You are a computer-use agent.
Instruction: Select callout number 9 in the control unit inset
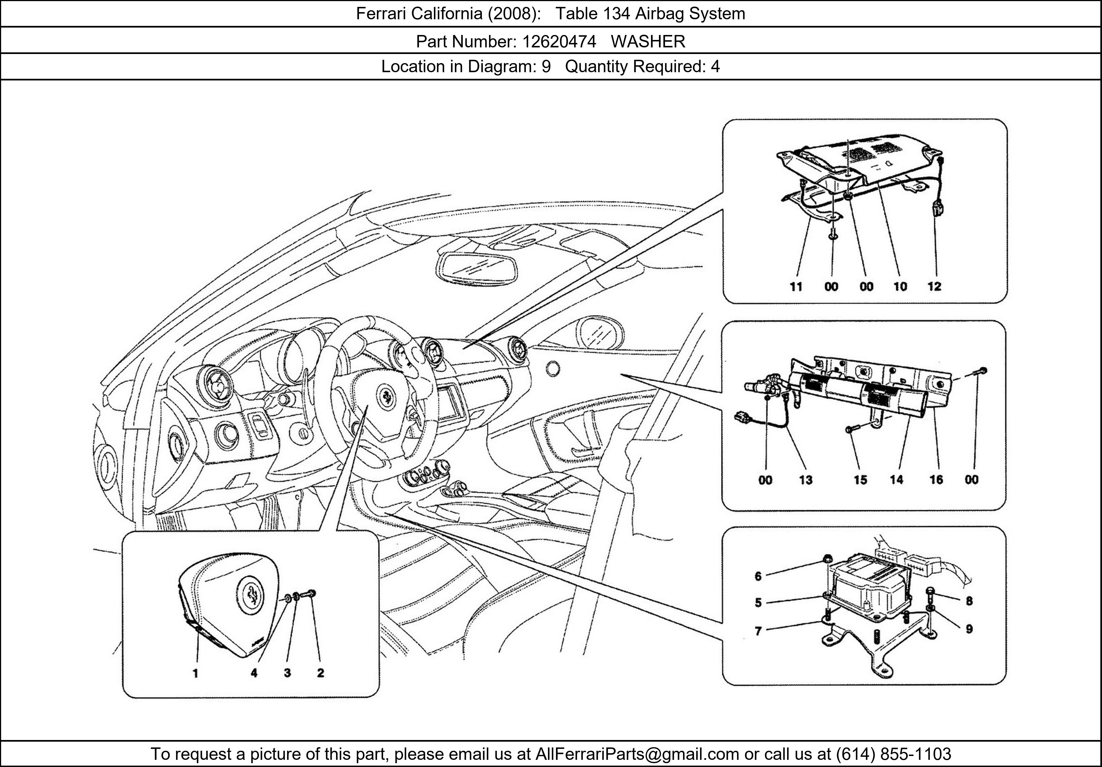[x=969, y=629]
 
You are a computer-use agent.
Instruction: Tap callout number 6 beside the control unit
[x=758, y=576]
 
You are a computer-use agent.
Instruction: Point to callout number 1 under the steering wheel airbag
[x=195, y=673]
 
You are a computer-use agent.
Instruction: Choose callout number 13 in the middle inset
[x=805, y=479]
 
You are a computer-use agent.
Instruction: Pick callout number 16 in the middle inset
[x=936, y=479]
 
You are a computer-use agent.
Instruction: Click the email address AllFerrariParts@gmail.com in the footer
[x=637, y=754]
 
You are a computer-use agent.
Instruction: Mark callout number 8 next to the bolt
[x=969, y=601]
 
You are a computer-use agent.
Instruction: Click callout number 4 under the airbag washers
[x=254, y=673]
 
